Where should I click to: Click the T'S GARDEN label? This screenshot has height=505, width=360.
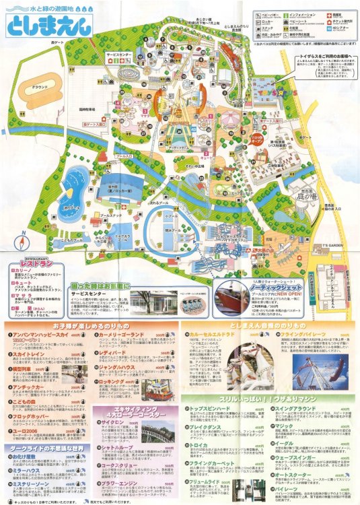coord(330,224)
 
